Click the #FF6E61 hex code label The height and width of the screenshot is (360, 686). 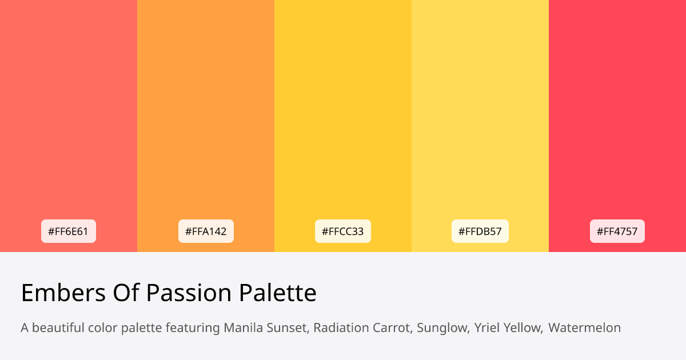coord(69,231)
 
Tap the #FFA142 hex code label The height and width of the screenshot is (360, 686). coord(206,231)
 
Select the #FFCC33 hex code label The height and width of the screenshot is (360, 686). coord(343,231)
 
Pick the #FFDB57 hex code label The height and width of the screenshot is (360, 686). coord(480,231)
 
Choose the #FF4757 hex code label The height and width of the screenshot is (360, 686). coord(617,231)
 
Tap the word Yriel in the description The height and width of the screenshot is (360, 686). coord(486,328)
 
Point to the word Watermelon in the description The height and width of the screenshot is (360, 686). coord(584,328)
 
